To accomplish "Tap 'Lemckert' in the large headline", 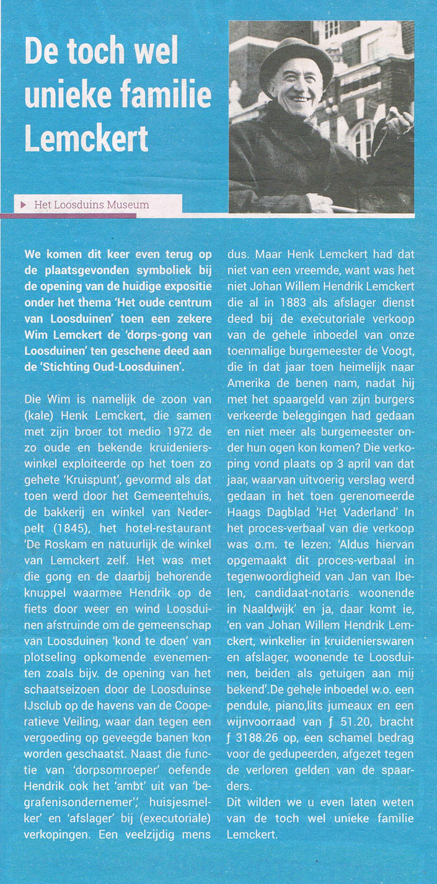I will (x=86, y=136).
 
